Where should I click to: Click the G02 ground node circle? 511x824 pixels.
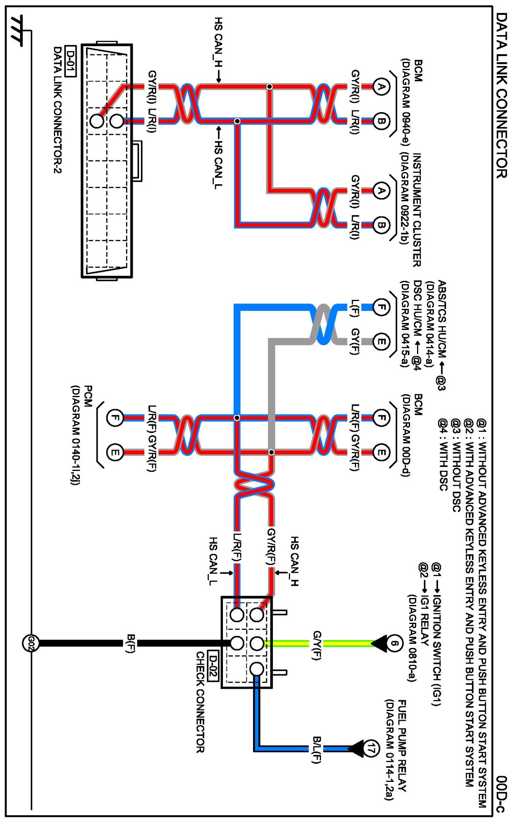pyautogui.click(x=30, y=643)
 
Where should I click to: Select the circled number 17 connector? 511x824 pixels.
pyautogui.click(x=371, y=748)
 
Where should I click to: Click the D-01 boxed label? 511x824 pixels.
pyautogui.click(x=71, y=61)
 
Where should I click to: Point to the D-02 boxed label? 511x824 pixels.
pyautogui.click(x=212, y=665)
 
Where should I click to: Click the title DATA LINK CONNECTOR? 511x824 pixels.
pyautogui.click(x=501, y=95)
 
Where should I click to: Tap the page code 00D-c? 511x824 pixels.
pyautogui.click(x=501, y=794)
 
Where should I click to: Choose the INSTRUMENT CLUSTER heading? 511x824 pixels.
pyautogui.click(x=417, y=210)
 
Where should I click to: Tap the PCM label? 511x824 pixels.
pyautogui.click(x=88, y=396)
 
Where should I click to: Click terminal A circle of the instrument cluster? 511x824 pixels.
pyautogui.click(x=381, y=191)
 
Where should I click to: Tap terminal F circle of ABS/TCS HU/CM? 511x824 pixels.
pyautogui.click(x=381, y=307)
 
